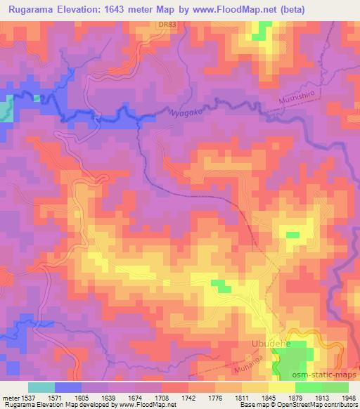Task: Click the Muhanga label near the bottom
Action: pyautogui.click(x=245, y=368)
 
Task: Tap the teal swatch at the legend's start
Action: pyautogui.click(x=41, y=387)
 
